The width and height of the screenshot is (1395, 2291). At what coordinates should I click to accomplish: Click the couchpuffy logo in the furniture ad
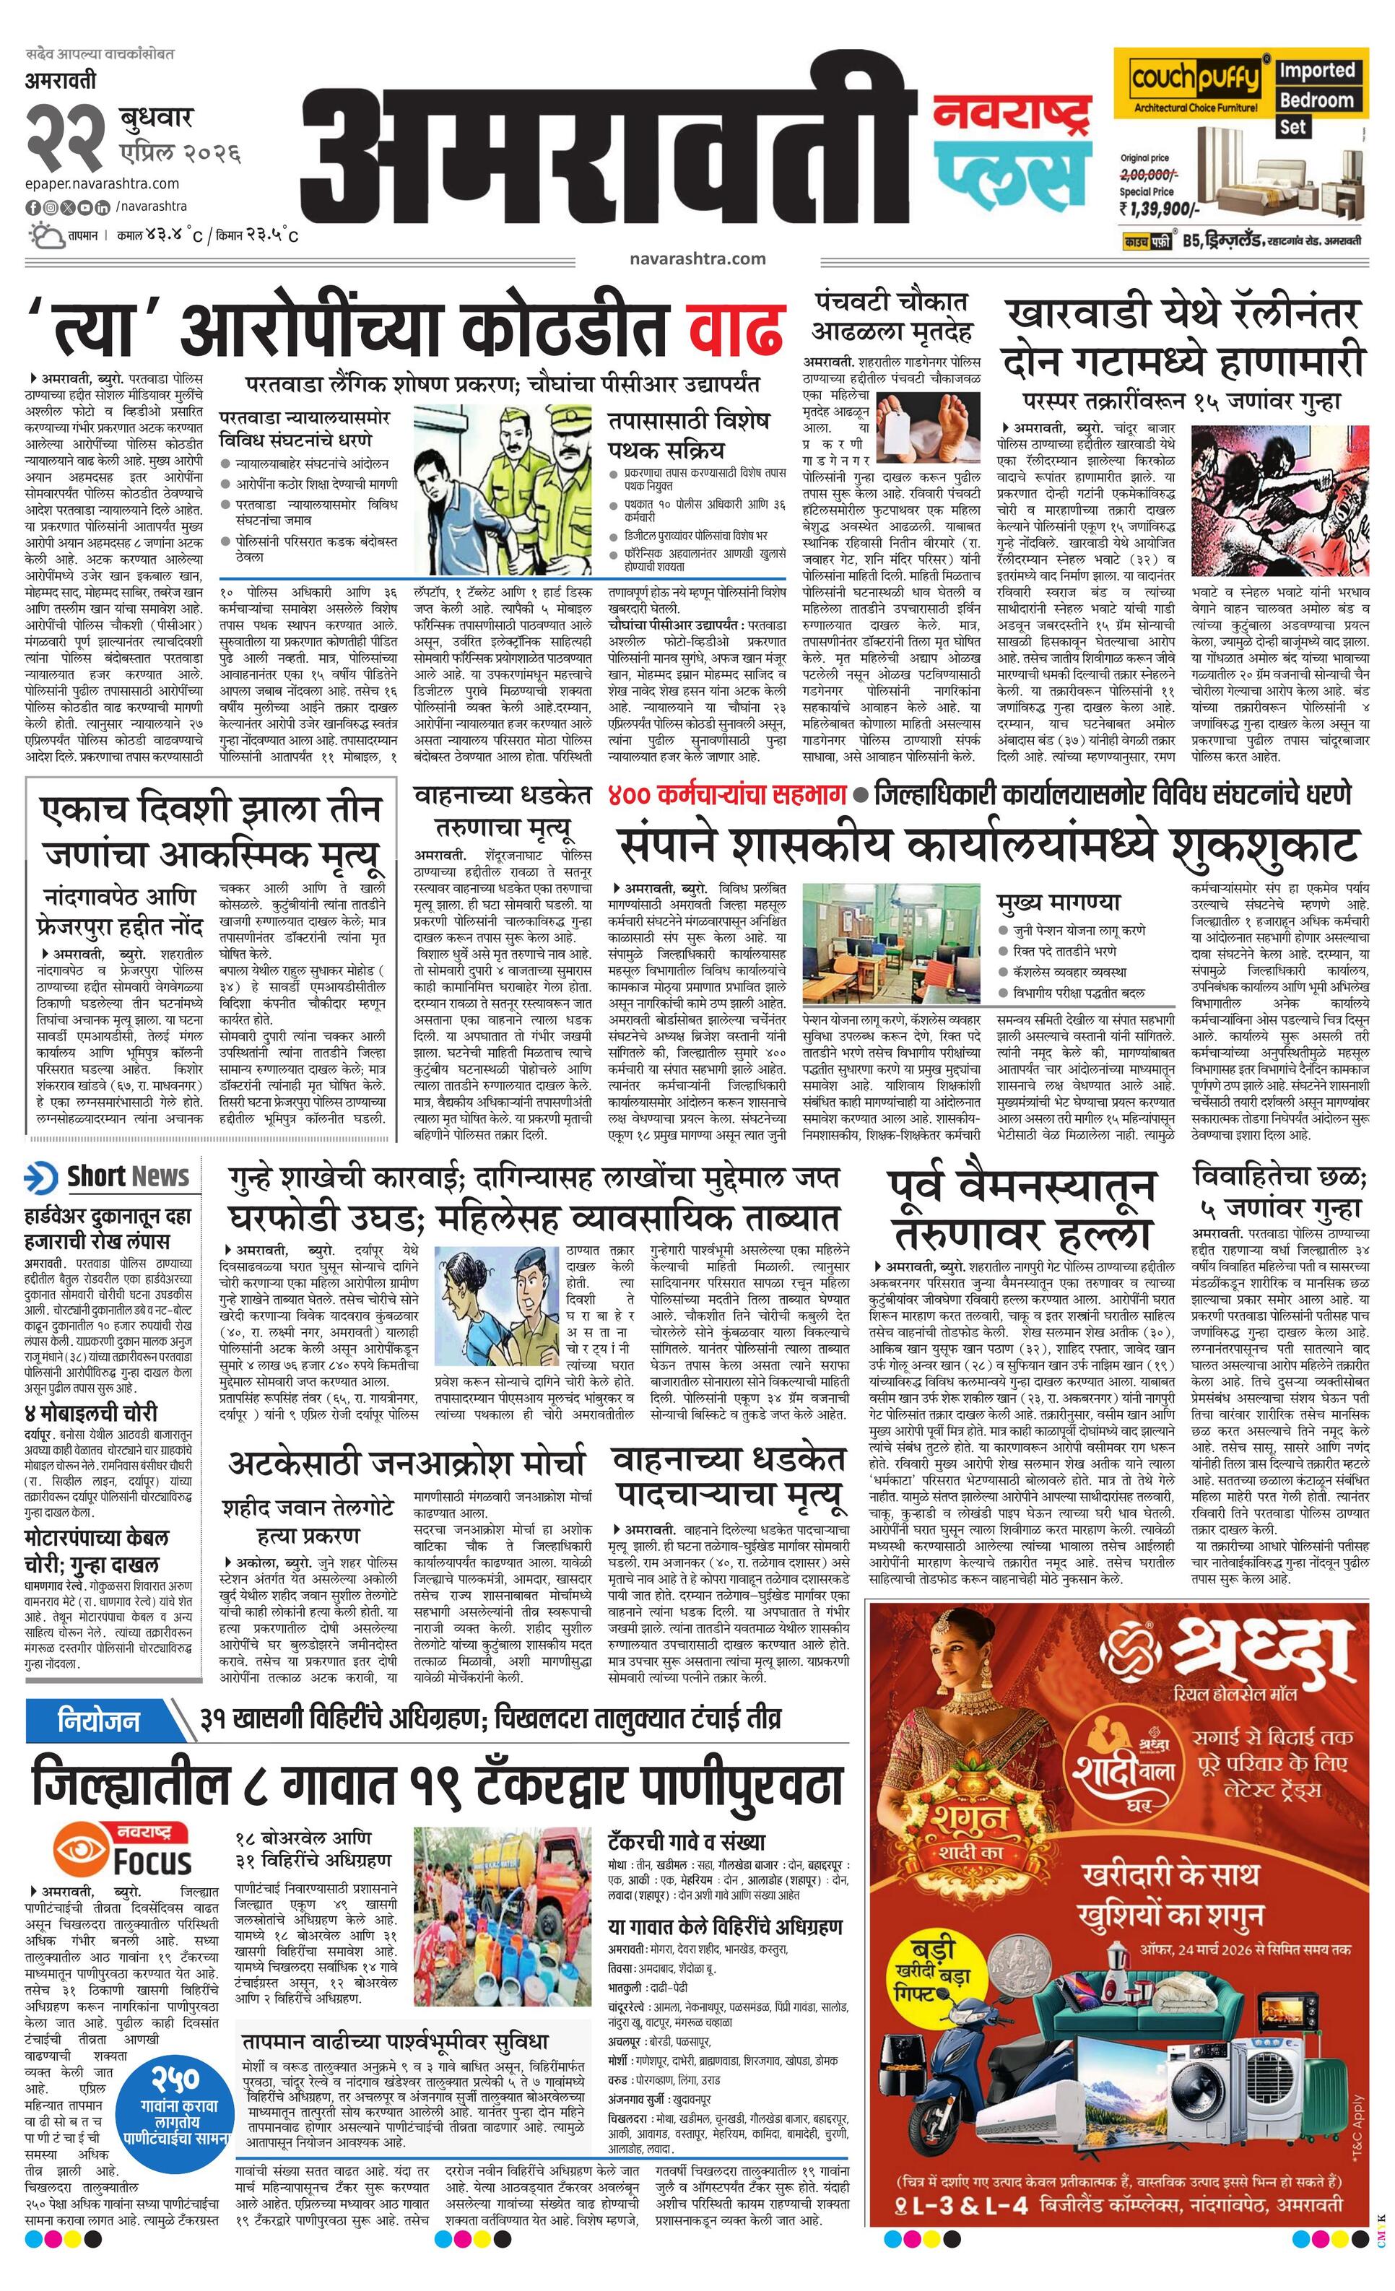[1194, 81]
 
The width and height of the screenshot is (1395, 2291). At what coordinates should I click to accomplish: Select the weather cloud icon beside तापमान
[45, 235]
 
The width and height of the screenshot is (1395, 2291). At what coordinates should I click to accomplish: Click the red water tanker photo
[504, 1871]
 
